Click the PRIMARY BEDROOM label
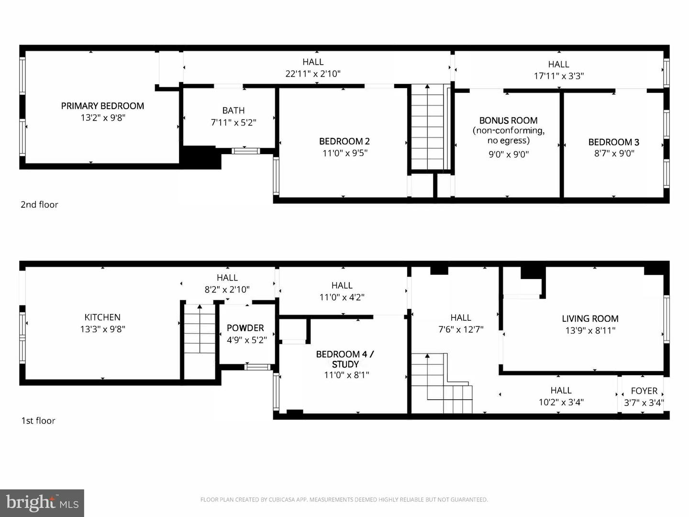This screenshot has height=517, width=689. click(103, 106)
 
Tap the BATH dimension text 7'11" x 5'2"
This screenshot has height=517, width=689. click(233, 123)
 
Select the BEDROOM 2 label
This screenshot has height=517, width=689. click(344, 142)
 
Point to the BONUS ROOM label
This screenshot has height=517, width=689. click(508, 121)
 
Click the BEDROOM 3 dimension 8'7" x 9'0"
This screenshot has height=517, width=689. click(614, 154)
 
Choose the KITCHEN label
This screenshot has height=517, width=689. click(102, 317)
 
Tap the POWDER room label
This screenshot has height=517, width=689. click(245, 328)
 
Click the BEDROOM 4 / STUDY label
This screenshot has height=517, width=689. click(345, 360)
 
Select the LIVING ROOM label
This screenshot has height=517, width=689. click(590, 319)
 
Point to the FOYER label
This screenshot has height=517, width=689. click(644, 391)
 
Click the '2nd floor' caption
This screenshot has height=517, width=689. click(39, 205)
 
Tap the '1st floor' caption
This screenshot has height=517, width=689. click(38, 421)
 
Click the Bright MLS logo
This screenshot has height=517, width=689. click(42, 503)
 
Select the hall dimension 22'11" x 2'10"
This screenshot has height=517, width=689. click(313, 74)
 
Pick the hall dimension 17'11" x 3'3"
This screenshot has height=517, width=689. click(559, 76)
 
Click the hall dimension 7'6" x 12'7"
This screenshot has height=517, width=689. click(461, 329)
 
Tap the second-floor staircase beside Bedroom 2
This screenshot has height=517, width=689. click(427, 127)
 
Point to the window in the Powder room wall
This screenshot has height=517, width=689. click(257, 367)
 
